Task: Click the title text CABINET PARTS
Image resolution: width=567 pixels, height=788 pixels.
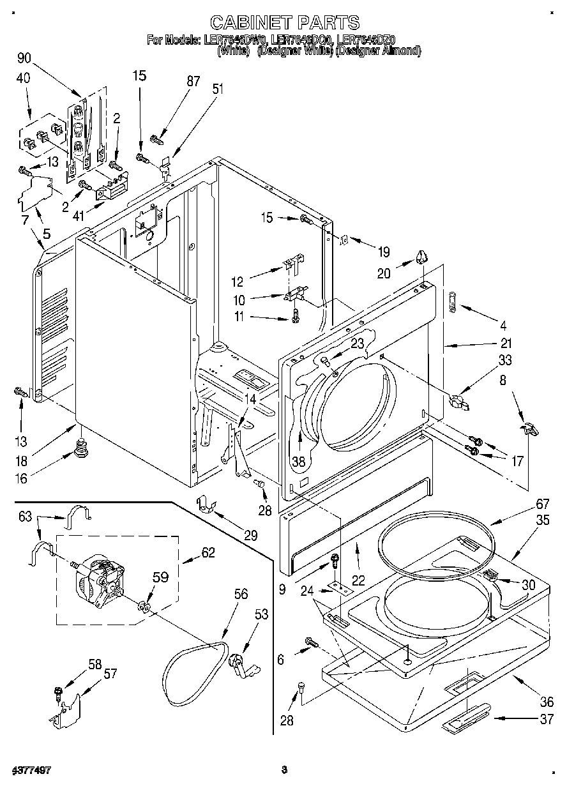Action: [284, 24]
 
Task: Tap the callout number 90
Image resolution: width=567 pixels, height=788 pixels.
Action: [24, 59]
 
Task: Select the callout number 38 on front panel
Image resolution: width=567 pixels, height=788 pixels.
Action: [298, 460]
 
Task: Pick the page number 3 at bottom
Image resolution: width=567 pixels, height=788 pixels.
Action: [284, 770]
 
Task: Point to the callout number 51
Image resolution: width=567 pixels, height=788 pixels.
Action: [218, 89]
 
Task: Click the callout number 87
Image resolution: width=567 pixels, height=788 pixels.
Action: [193, 81]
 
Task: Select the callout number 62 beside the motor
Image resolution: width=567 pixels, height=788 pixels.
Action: [209, 553]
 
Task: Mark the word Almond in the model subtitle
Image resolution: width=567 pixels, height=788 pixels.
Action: [400, 50]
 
